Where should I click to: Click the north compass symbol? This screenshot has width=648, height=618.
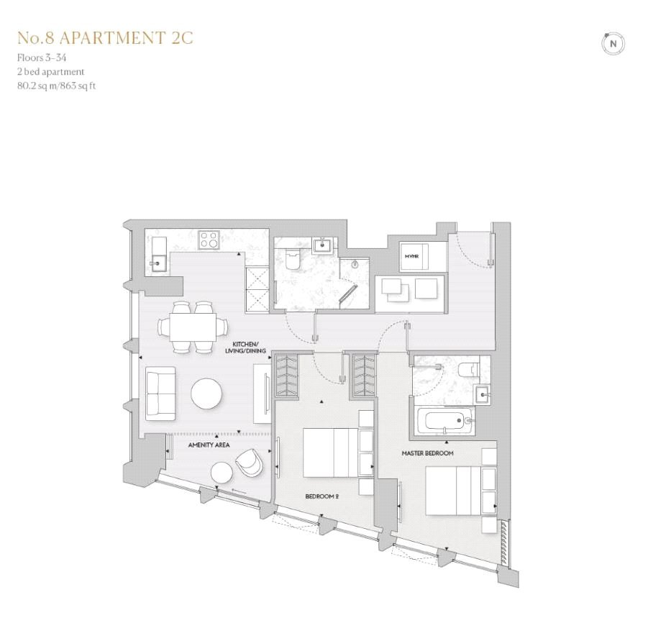coord(613,43)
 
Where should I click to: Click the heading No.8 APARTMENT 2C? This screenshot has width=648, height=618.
coord(106,37)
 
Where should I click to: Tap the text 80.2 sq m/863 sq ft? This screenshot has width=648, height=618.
coord(56,86)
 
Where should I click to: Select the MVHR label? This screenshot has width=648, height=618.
coord(411,256)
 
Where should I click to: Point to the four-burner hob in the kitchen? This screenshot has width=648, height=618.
coord(209,240)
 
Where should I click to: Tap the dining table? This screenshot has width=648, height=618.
coord(193,327)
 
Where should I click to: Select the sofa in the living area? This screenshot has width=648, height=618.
coord(160,393)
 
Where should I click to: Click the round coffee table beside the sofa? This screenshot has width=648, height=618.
coord(206,394)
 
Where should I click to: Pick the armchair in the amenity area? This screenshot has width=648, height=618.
coord(249,462)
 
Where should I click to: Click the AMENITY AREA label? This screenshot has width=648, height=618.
coord(209,445)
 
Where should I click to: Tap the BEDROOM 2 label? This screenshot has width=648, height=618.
coord(322,496)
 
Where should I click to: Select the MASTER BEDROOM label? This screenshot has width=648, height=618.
coord(427,453)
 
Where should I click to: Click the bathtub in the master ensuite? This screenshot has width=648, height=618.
coord(445,421)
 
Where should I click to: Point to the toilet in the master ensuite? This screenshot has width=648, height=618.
coord(469,368)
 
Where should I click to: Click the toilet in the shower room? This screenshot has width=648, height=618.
coord(293,260)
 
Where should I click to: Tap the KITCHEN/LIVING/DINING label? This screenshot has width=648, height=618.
coord(245,347)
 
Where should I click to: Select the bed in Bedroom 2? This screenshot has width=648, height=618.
coord(331,453)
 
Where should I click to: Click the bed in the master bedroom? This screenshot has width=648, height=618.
coord(454,491)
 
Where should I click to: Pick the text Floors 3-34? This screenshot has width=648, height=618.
coord(42,58)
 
